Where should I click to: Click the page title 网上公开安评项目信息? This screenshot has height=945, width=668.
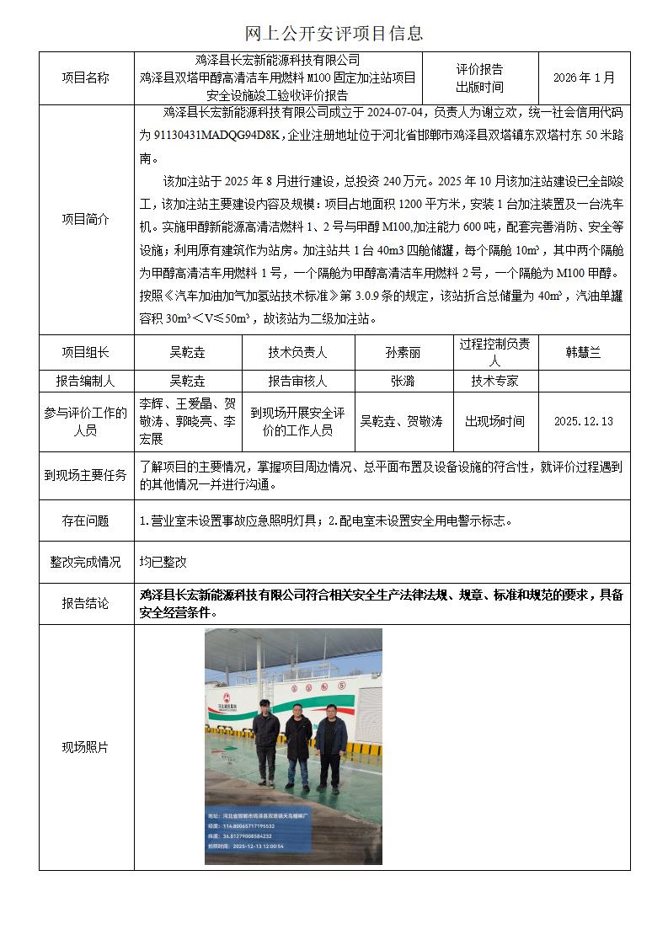(x=334, y=34)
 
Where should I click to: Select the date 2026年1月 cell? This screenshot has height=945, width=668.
(x=584, y=77)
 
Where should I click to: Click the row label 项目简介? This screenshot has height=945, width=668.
(x=86, y=219)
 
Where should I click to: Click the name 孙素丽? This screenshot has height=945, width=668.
(x=403, y=353)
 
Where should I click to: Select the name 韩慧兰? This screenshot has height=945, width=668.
(x=583, y=353)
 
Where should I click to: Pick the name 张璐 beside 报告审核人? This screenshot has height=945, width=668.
(x=403, y=381)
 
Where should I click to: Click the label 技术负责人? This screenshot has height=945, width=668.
(x=297, y=353)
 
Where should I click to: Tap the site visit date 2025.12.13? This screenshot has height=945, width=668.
(x=583, y=421)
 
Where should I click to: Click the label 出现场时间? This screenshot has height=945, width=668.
(x=494, y=421)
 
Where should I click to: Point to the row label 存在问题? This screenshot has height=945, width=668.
(x=86, y=521)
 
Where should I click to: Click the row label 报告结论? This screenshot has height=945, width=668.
(x=86, y=603)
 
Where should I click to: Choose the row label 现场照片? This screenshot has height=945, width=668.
(x=86, y=747)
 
